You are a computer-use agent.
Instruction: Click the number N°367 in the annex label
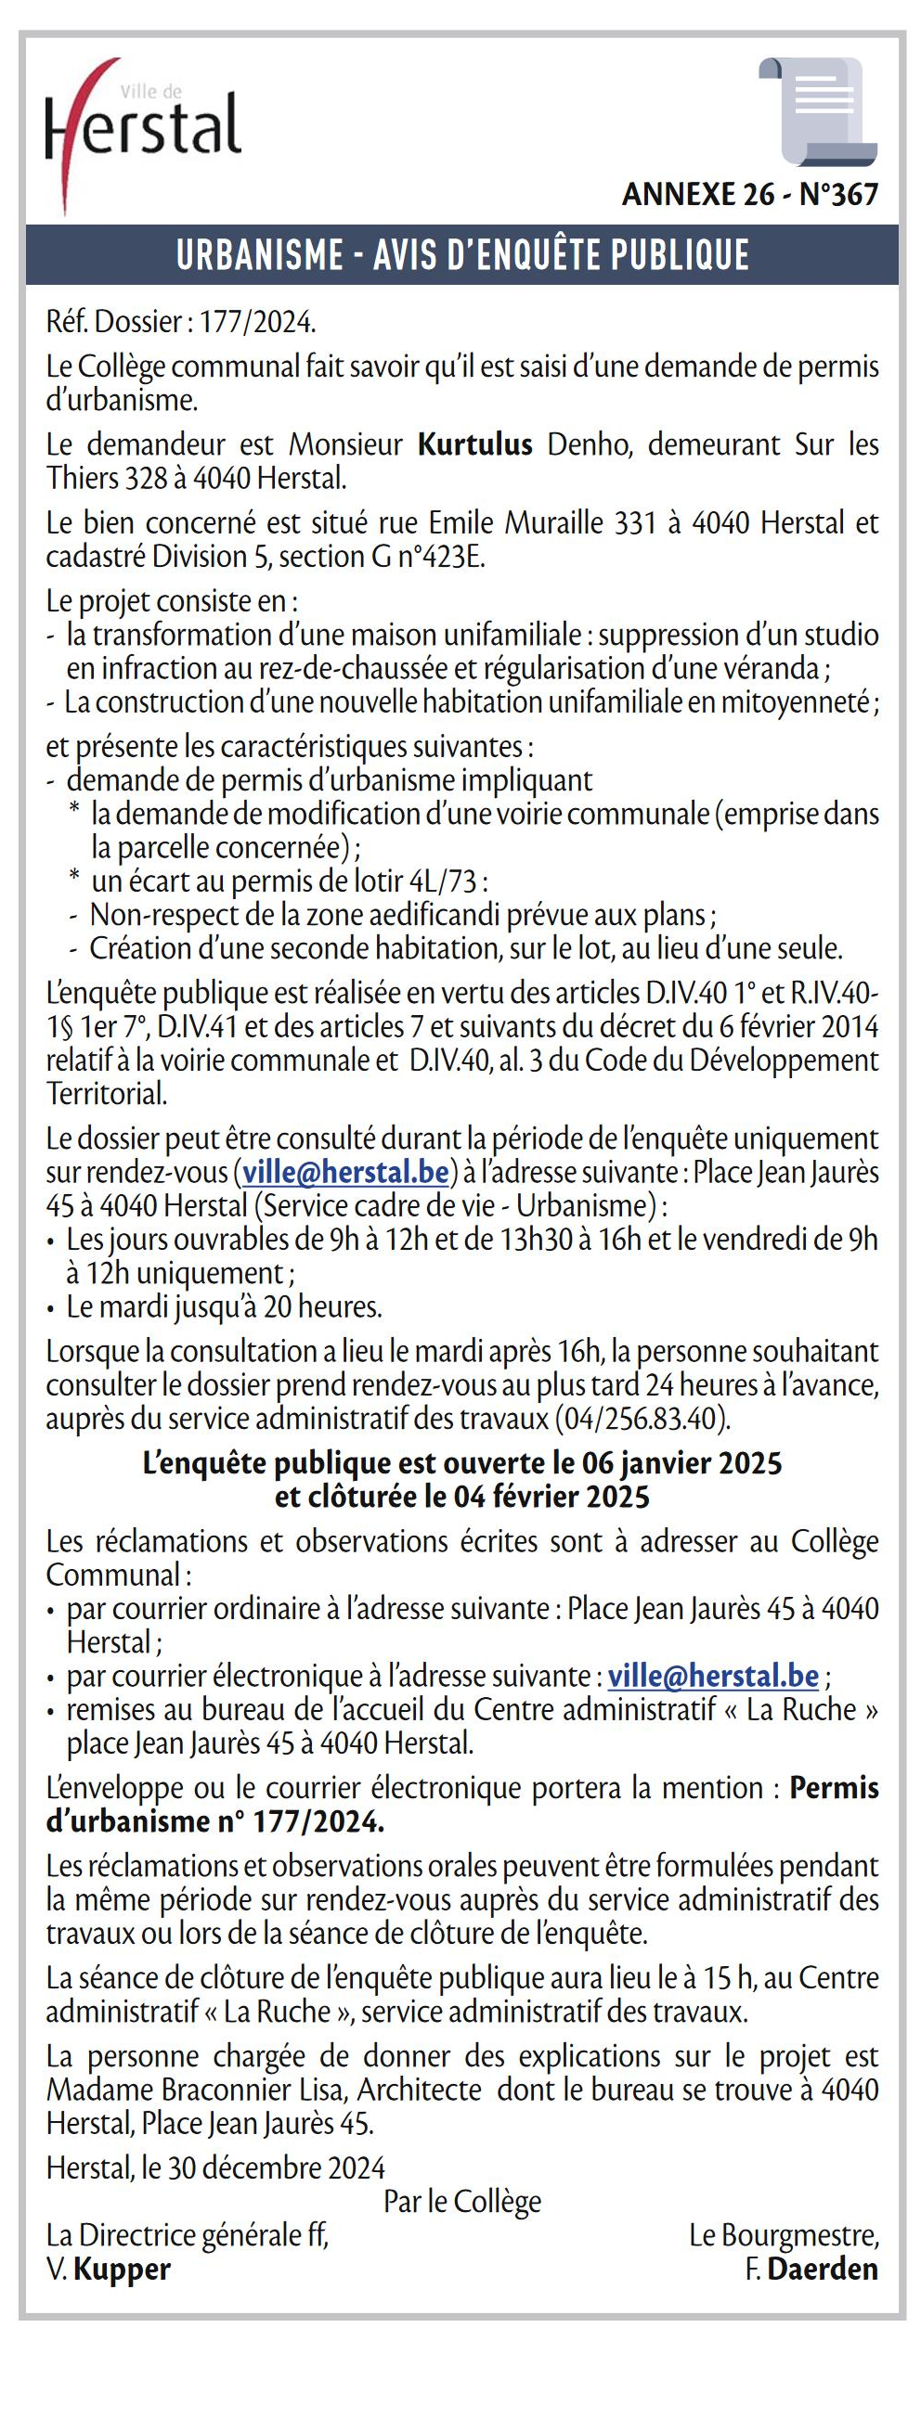pyautogui.click(x=838, y=195)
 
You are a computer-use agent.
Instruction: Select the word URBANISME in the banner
pyautogui.click(x=259, y=255)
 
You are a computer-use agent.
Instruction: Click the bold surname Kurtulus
pyautogui.click(x=475, y=444)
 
